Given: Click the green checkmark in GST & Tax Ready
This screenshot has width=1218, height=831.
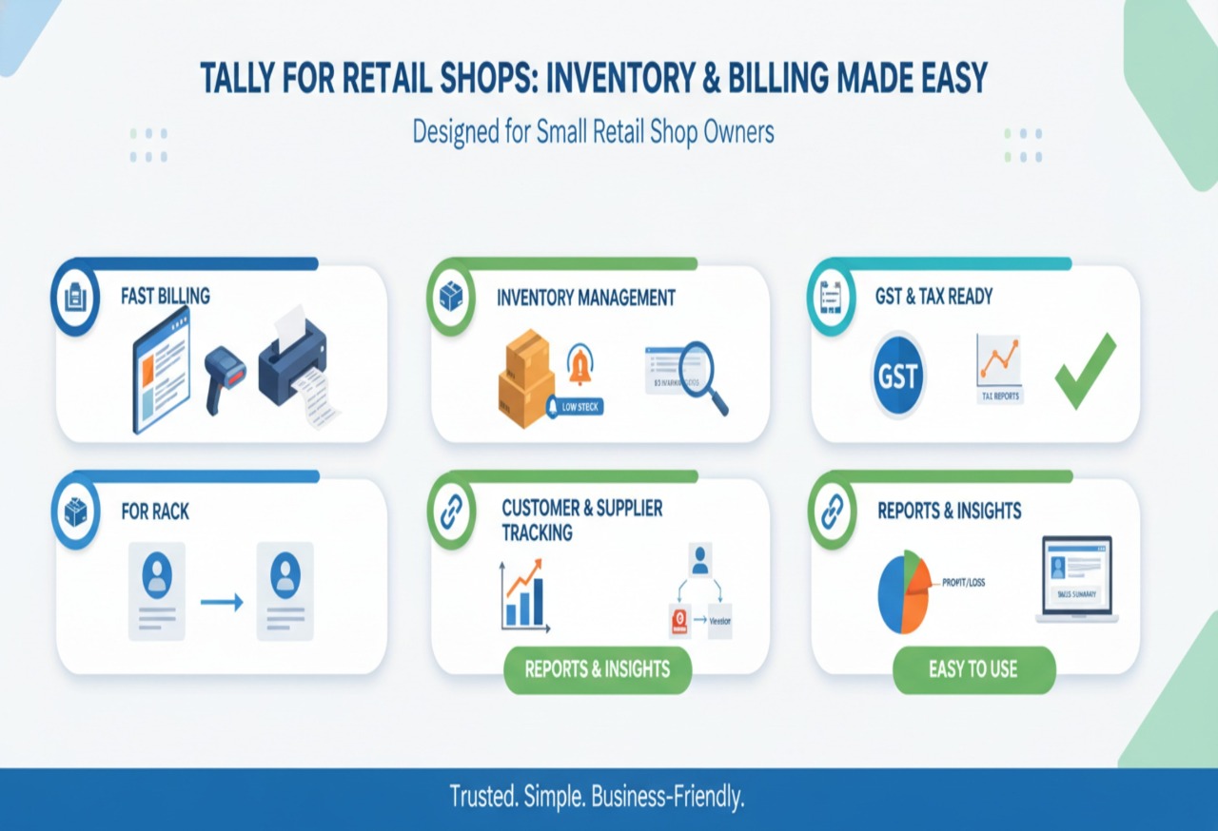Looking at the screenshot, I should pos(1086,372).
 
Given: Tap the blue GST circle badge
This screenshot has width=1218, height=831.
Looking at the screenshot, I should pos(897,375).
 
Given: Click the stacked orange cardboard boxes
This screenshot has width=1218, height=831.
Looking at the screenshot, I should pos(525,377).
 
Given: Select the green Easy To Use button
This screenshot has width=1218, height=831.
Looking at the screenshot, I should pos(973,669).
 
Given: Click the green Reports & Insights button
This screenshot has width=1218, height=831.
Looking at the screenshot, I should pos(597,669).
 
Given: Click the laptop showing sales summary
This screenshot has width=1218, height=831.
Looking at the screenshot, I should pos(1076,579).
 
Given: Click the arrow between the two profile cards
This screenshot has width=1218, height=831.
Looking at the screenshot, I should pos(222,602).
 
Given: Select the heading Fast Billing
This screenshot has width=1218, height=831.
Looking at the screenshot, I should pos(166,297).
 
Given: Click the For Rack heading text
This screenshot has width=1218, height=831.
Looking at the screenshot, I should pos(155,512).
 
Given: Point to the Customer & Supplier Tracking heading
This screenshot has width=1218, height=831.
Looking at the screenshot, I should pos(581,520).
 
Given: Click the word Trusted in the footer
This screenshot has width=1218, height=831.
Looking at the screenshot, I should pos(482,797).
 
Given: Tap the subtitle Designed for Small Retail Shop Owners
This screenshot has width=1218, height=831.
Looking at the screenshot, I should pos(593,131).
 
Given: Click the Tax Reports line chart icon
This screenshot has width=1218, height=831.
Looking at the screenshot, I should pos(999,361).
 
